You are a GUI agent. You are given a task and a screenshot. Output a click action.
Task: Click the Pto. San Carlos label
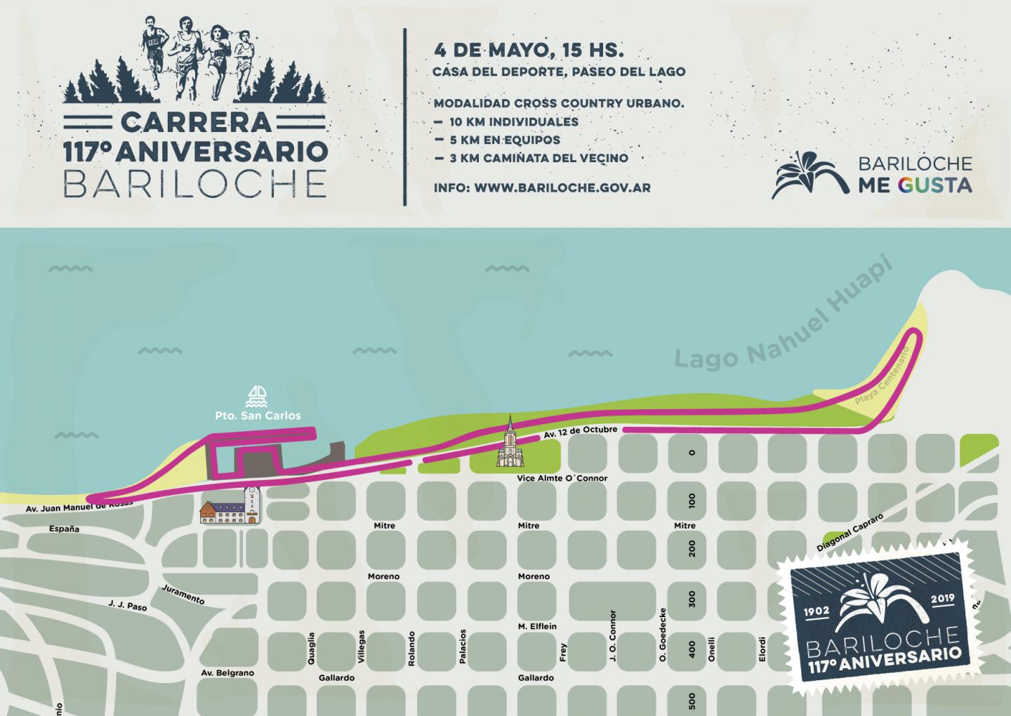[258, 416]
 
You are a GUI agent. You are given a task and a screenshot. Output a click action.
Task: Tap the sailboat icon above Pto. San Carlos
[258, 397]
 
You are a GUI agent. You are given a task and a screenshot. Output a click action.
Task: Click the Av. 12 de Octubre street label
[580, 432]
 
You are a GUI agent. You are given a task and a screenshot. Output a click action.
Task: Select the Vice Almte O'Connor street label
[562, 478]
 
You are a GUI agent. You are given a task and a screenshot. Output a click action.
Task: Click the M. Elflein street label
[537, 626]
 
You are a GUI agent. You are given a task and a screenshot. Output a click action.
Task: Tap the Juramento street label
[183, 595]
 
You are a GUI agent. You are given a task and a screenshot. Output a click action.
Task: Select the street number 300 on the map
[692, 598]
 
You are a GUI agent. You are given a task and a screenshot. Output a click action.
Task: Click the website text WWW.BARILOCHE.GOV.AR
[562, 187]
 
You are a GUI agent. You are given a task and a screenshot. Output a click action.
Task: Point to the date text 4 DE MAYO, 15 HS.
[529, 51]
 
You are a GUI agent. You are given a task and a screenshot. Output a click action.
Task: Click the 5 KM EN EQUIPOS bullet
[505, 140]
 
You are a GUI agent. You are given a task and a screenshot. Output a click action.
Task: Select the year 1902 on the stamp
[817, 610]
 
